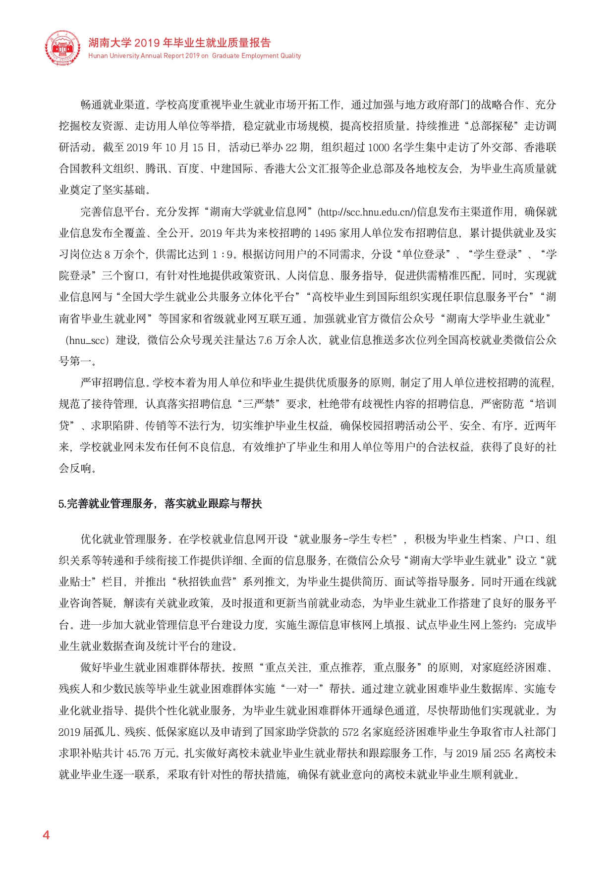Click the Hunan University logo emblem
point(62,48)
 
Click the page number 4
point(46,835)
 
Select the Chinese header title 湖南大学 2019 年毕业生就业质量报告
point(179,43)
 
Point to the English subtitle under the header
point(194,56)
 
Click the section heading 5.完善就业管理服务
point(160,504)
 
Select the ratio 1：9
point(223,255)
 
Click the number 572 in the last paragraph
point(350,732)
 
